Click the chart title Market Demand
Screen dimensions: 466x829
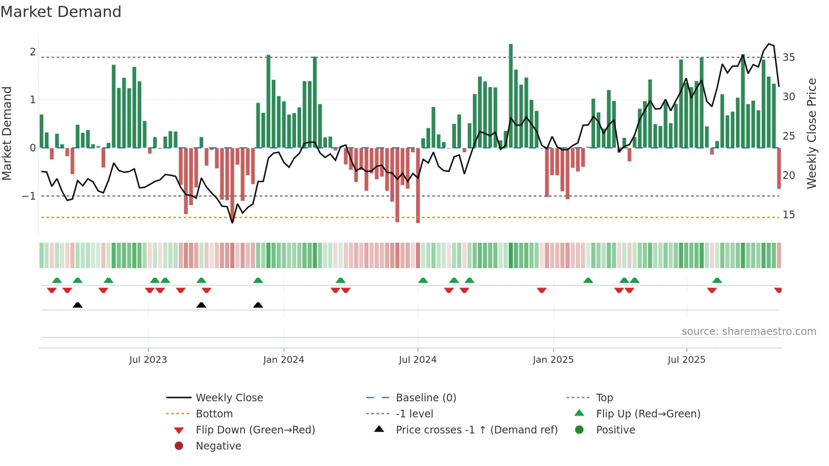(61, 12)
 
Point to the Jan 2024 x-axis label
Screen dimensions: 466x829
(283, 359)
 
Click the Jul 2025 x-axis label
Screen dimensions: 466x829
(686, 359)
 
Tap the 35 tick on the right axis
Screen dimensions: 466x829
(788, 57)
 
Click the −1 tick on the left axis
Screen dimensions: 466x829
(29, 196)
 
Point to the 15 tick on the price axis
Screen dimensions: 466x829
(788, 214)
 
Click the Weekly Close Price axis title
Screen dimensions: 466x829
(811, 133)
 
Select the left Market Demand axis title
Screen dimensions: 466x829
(7, 133)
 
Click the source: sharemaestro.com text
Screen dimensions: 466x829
(749, 331)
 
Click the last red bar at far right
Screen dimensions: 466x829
(779, 168)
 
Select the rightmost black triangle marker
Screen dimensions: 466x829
(258, 305)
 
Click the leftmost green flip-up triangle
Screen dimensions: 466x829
(57, 280)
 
